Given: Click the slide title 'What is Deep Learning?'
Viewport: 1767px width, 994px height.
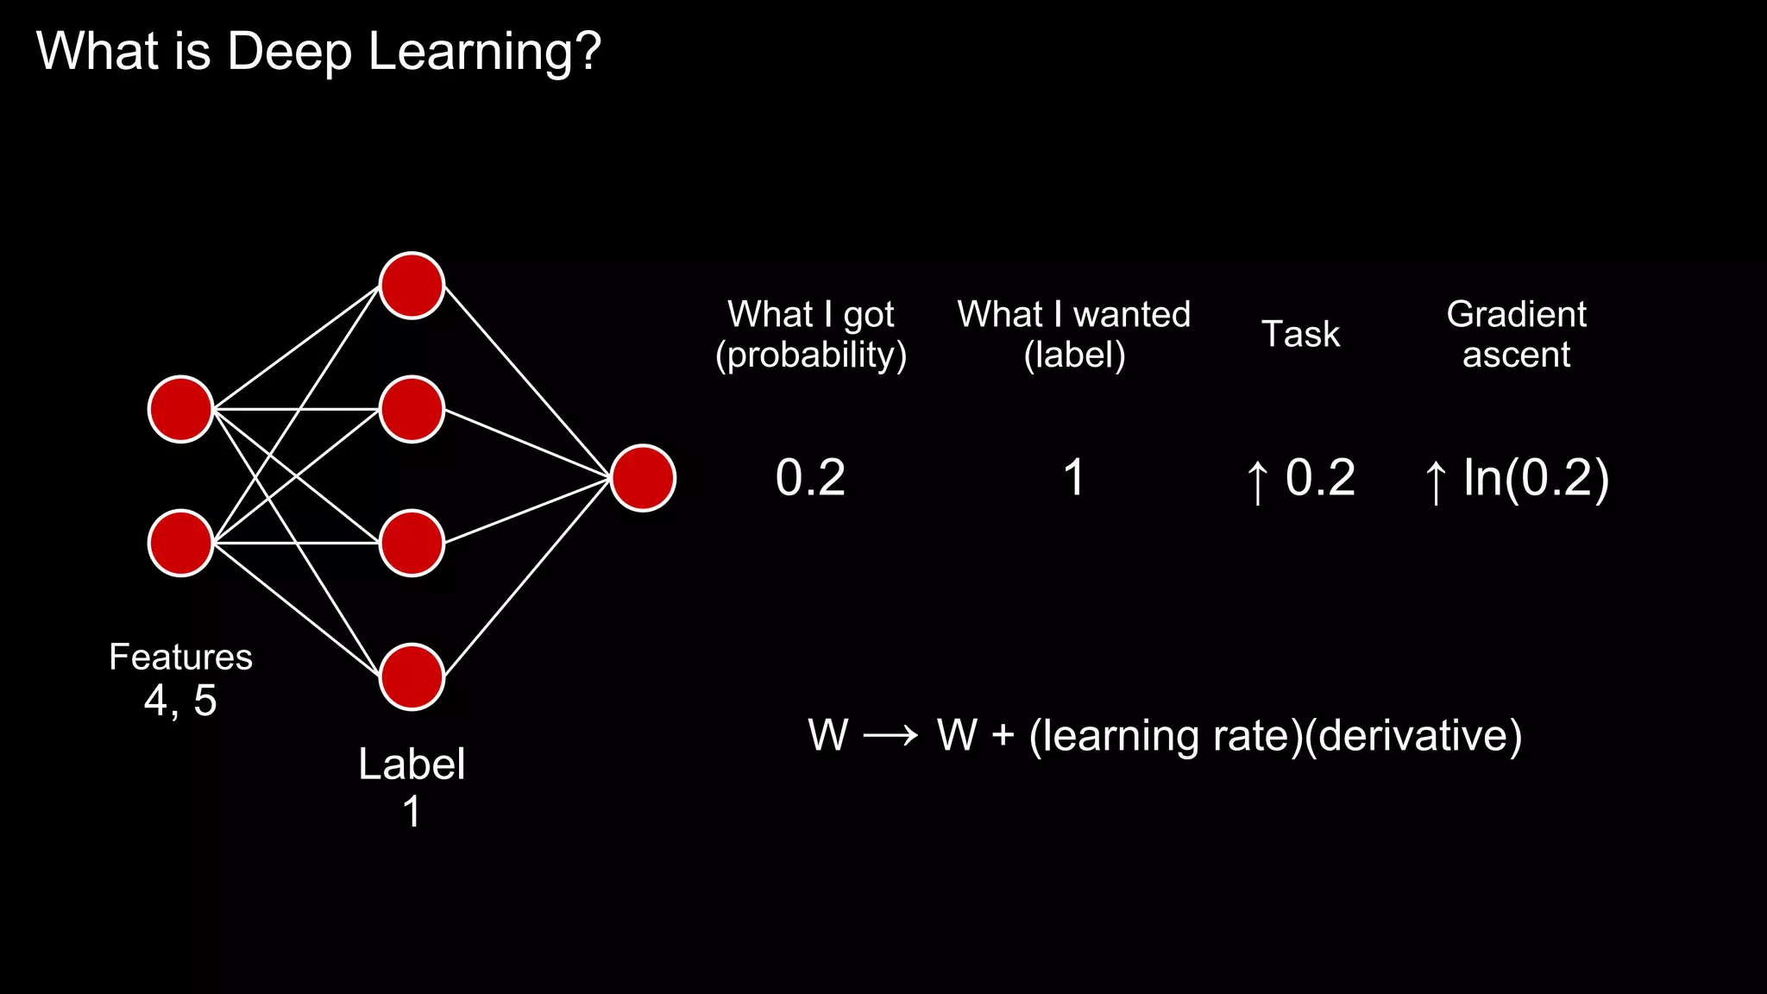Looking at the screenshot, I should [x=318, y=52].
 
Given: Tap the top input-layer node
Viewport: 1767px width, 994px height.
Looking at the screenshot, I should [x=180, y=409].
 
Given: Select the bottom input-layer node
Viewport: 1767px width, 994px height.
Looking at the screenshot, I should [x=180, y=543].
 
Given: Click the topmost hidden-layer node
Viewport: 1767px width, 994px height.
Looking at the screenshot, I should [x=412, y=286].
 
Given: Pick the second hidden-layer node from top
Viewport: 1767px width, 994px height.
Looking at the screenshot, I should [x=412, y=409].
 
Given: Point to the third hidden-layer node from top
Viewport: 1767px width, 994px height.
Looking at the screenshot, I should [x=412, y=543].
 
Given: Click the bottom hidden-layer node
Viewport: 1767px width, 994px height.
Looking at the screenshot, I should [x=412, y=676].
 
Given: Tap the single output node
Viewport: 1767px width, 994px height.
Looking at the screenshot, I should [x=643, y=478].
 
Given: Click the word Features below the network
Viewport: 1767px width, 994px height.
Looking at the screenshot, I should [x=180, y=657].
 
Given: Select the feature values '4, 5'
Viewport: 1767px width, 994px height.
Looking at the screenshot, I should [x=180, y=701].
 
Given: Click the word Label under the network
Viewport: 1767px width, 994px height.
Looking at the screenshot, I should [x=412, y=764].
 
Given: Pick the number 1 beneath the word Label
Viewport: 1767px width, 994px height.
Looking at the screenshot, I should [x=412, y=812].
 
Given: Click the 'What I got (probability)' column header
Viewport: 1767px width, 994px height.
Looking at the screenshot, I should [x=811, y=335].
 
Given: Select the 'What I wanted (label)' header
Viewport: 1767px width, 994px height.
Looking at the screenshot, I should [x=1073, y=335].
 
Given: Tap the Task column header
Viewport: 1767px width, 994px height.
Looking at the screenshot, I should [x=1300, y=334].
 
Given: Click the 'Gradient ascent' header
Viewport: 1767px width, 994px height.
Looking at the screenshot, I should [x=1516, y=335].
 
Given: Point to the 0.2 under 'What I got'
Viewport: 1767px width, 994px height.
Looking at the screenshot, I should [x=810, y=478].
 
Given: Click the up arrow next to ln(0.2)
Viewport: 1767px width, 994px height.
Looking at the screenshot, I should [x=1435, y=481].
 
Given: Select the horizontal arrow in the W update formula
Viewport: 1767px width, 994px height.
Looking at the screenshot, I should [x=891, y=736].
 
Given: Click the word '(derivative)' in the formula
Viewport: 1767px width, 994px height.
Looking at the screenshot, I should [x=1413, y=736].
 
